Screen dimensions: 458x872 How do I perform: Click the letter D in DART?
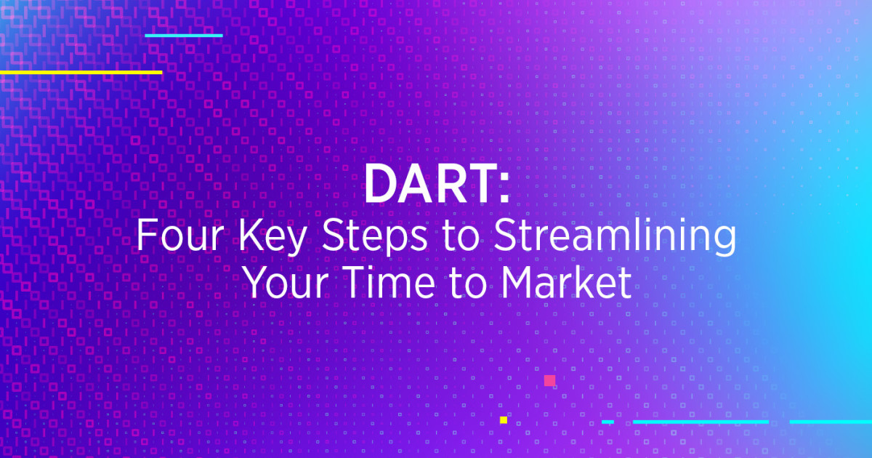pyautogui.click(x=379, y=184)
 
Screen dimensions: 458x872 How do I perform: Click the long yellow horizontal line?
pyautogui.click(x=81, y=72)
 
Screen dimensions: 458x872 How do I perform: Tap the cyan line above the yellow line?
pyautogui.click(x=184, y=35)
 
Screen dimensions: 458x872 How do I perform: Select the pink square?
pyautogui.click(x=549, y=380)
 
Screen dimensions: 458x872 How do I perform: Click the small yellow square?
pyautogui.click(x=503, y=419)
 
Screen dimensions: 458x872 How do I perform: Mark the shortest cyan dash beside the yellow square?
pyautogui.click(x=607, y=422)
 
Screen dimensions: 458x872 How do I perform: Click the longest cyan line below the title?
pyautogui.click(x=701, y=422)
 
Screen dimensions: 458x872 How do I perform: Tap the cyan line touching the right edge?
pyautogui.click(x=831, y=422)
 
